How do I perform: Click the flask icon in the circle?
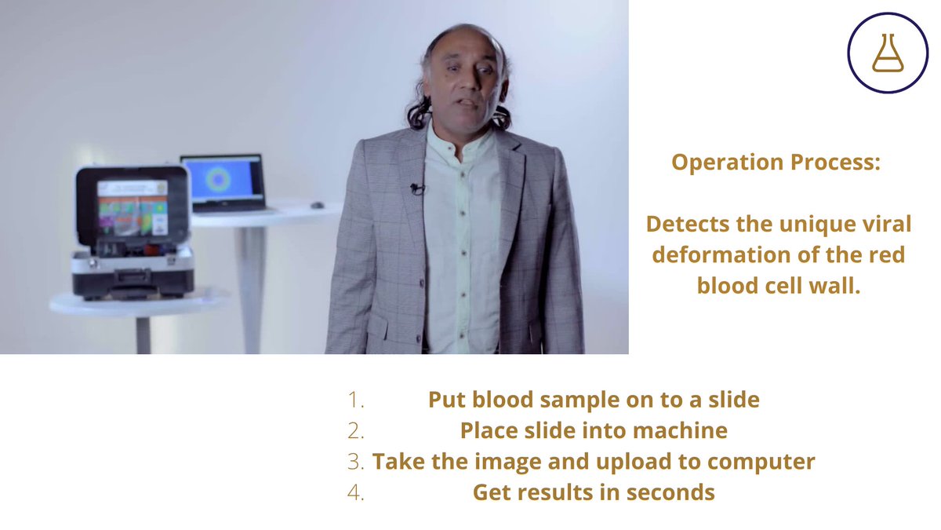(x=888, y=53)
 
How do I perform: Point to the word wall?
(x=840, y=287)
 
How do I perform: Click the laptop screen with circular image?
(x=223, y=179)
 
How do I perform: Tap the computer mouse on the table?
(x=317, y=205)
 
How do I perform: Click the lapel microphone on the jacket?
(x=416, y=188)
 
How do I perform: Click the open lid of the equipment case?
(x=133, y=204)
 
